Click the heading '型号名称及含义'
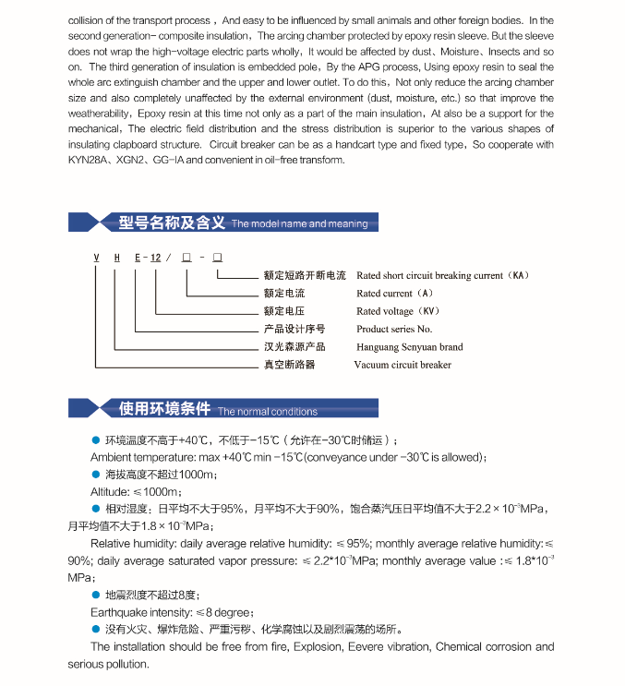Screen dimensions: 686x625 (x=172, y=223)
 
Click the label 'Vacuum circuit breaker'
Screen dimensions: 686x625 (x=403, y=365)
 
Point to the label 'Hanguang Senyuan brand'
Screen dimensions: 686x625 (x=410, y=347)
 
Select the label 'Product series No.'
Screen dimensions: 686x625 (x=394, y=329)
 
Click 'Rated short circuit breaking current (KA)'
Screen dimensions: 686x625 (x=442, y=275)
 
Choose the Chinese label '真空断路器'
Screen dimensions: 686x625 (x=289, y=365)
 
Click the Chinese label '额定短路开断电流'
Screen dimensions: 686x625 (x=305, y=275)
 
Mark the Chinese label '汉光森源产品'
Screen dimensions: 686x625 (x=294, y=347)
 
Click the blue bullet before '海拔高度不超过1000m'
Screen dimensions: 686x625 (x=95, y=474)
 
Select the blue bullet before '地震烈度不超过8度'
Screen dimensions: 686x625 (x=95, y=595)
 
